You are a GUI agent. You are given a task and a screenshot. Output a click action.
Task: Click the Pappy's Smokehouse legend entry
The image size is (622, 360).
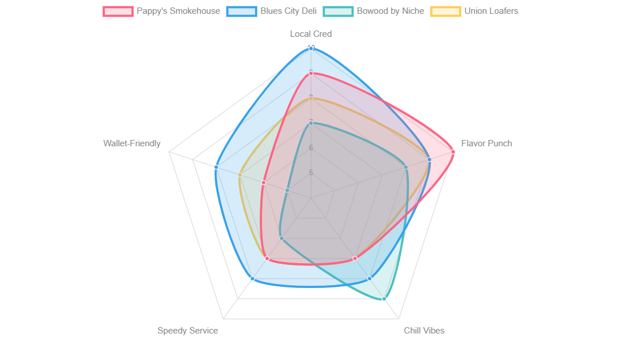(x=161, y=11)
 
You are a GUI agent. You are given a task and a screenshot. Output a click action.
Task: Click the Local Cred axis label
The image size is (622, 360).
(x=311, y=34)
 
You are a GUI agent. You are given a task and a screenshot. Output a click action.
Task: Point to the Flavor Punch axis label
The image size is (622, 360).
(x=486, y=143)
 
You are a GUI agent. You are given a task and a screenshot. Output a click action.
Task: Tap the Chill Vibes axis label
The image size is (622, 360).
(x=424, y=331)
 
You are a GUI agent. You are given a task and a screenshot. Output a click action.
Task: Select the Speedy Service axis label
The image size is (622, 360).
(x=188, y=331)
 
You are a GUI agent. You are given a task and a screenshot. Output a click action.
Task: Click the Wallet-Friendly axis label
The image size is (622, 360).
(x=132, y=143)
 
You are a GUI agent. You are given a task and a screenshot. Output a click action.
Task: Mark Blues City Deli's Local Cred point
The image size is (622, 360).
(x=311, y=49)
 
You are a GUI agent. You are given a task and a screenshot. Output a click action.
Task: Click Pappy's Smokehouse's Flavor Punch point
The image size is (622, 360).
(x=453, y=152)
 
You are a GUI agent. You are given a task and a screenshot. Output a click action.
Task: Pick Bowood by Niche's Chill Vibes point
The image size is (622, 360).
(x=384, y=299)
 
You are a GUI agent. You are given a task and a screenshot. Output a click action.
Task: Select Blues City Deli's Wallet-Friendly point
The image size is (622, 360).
(x=216, y=167)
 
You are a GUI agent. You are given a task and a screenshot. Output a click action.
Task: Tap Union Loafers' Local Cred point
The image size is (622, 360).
(x=311, y=98)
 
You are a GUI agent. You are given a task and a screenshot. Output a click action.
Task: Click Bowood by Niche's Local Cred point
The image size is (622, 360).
(x=311, y=123)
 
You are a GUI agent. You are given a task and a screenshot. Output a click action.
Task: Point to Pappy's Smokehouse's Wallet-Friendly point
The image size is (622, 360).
(x=263, y=183)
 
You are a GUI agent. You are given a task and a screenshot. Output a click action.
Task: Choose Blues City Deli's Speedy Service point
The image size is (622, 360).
(x=252, y=279)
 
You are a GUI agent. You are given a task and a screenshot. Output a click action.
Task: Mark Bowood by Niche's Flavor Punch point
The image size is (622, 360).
(x=405, y=168)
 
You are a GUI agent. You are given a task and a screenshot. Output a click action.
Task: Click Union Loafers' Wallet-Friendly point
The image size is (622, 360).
(x=240, y=175)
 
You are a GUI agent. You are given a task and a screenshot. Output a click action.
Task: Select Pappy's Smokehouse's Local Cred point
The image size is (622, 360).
(x=311, y=74)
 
